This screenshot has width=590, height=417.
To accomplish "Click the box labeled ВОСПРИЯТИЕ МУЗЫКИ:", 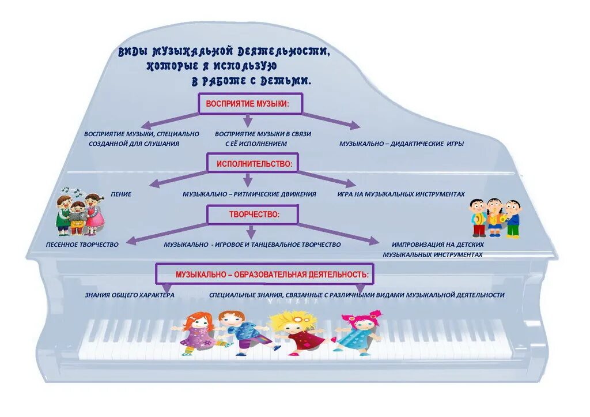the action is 250,104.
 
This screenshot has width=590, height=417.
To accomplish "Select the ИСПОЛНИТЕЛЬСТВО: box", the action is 254,164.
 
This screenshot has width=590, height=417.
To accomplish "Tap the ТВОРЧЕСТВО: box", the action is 252,215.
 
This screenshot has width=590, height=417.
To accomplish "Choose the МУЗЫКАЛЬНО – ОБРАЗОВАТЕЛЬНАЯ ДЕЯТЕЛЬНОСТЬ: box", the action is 264,273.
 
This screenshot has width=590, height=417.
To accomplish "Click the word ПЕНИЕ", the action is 121,194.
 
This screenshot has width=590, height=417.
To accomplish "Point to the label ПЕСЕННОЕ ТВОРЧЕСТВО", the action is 82,245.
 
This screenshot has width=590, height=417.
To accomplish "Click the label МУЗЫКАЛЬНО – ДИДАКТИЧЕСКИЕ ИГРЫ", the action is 401,144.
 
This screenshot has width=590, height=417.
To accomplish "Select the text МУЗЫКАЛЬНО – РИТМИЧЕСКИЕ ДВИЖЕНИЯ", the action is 249,194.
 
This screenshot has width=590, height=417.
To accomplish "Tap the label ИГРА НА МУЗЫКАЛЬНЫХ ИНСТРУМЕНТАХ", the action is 401,194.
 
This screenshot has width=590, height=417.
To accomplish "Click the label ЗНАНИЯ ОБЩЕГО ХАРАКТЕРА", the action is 130,295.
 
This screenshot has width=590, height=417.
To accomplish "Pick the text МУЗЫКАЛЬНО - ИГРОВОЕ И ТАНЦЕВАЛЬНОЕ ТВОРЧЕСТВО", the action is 252,245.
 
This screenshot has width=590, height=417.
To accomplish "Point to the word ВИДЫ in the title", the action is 132,52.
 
